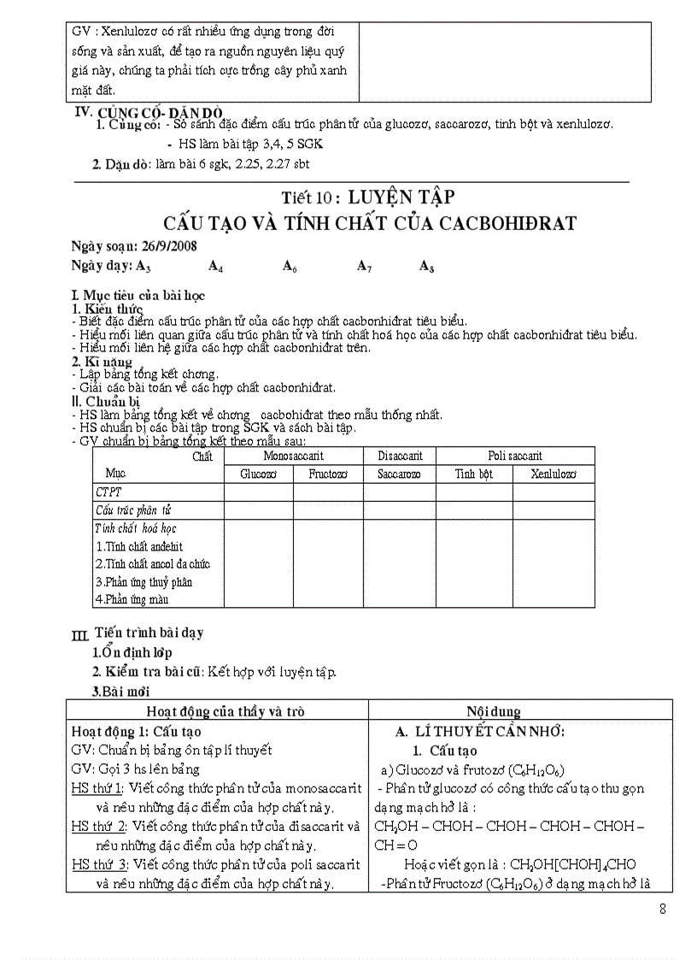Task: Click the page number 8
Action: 663,909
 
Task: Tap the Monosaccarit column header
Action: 293,456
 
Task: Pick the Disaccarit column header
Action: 400,456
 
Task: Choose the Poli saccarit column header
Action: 515,456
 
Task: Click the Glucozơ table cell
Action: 258,473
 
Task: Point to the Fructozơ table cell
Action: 329,473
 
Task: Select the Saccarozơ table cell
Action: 400,473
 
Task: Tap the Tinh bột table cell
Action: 474,473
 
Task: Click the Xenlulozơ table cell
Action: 553,473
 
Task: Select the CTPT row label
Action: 108,492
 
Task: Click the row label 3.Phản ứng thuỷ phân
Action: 143,581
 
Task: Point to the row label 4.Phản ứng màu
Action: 132,599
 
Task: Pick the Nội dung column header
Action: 494,711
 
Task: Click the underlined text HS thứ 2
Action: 97,826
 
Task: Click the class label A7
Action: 364,266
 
